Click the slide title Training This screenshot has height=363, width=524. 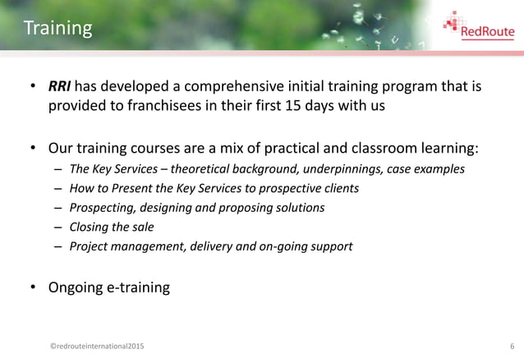pos(57,29)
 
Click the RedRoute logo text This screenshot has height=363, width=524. pos(488,33)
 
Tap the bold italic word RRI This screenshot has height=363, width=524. pos(60,87)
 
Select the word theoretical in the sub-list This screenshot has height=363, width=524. pos(205,169)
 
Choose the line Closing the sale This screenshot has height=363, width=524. pos(112,227)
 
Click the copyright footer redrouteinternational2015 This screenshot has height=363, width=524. pos(95,347)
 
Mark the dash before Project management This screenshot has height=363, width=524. pos(59,246)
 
